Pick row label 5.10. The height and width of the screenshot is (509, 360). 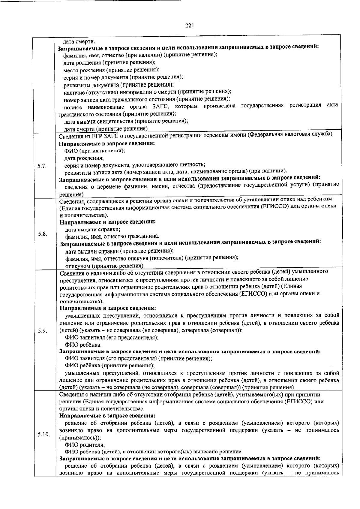click(x=43, y=434)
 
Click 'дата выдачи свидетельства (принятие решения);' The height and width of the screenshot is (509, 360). click(x=126, y=121)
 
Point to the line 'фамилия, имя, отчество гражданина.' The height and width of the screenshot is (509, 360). click(x=112, y=236)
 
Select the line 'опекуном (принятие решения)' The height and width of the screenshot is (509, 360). click(x=104, y=266)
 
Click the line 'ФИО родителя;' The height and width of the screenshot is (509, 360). click(x=85, y=445)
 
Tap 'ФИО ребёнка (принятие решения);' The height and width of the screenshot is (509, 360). click(x=110, y=366)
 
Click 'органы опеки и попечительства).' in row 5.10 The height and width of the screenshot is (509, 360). click(x=102, y=409)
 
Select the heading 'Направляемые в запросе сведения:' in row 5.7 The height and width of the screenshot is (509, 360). click(x=107, y=143)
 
